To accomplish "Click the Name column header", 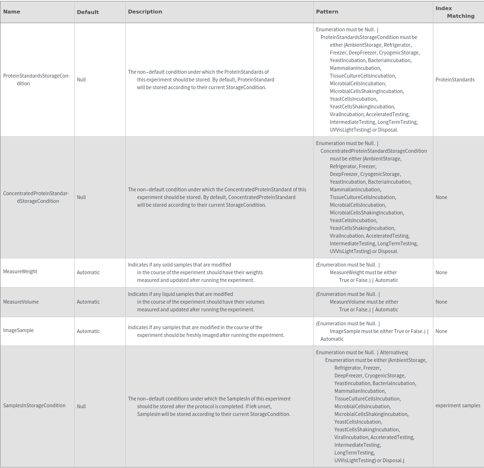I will coord(12,12).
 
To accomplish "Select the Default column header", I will coord(88,12).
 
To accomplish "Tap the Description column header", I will coord(145,12).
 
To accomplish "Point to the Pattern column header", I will coord(327,12).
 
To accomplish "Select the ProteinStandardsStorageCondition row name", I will coord(36,80).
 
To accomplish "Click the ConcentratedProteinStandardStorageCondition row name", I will coord(36,197).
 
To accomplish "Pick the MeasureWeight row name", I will coord(20,271).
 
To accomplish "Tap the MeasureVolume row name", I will coord(21,302).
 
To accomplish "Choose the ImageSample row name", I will coord(18,330).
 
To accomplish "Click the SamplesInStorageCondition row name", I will coord(34,405).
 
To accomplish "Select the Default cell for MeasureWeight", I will coord(88,272).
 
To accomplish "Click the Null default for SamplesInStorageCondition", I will coord(81,406).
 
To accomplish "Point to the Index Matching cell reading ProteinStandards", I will coord(455,80).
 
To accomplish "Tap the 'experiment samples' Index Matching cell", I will coord(457,405).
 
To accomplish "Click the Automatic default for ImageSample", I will coord(88,331).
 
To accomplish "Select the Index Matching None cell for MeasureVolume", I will coord(441,302).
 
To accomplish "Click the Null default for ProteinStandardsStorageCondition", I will coord(81,80).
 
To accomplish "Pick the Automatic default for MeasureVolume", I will coord(88,302).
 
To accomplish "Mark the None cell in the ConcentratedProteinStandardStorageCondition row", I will coord(441,197).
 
